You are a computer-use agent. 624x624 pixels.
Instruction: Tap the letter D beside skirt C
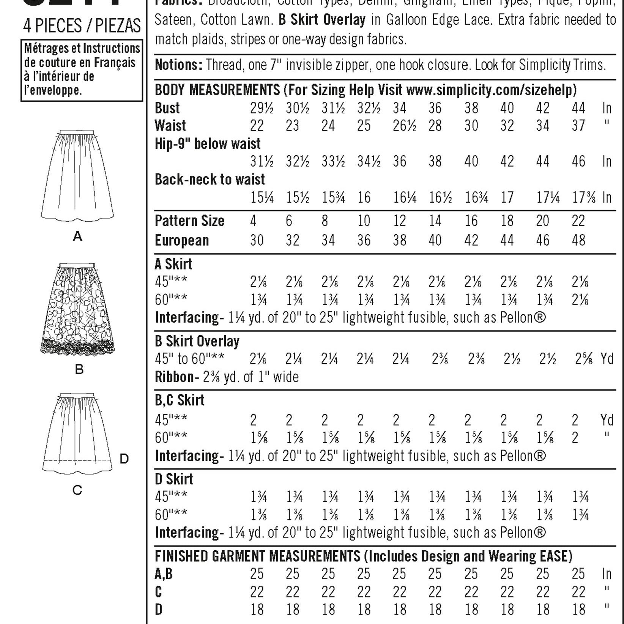coord(124,459)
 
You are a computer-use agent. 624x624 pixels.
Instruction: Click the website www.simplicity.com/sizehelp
coord(491,90)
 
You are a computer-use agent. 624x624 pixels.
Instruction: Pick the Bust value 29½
coord(262,108)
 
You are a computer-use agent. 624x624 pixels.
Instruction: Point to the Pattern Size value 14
coord(435,221)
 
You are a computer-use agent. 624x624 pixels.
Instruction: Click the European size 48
coord(578,240)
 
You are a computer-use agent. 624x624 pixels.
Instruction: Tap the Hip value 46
coord(578,162)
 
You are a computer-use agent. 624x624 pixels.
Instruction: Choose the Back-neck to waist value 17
coord(507,197)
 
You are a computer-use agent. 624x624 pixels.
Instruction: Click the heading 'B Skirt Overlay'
coord(197,341)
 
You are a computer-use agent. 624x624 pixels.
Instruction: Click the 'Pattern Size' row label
coord(189,221)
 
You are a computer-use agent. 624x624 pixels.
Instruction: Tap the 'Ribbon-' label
coord(177,377)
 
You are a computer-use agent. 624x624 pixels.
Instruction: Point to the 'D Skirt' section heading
coord(174,479)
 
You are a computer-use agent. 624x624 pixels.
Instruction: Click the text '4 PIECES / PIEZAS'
coord(82,26)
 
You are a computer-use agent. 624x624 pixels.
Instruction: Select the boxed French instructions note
coord(82,70)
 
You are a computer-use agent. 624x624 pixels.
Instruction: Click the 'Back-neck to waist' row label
coord(210,180)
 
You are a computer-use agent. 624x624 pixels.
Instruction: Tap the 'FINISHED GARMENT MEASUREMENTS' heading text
coord(257,556)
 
